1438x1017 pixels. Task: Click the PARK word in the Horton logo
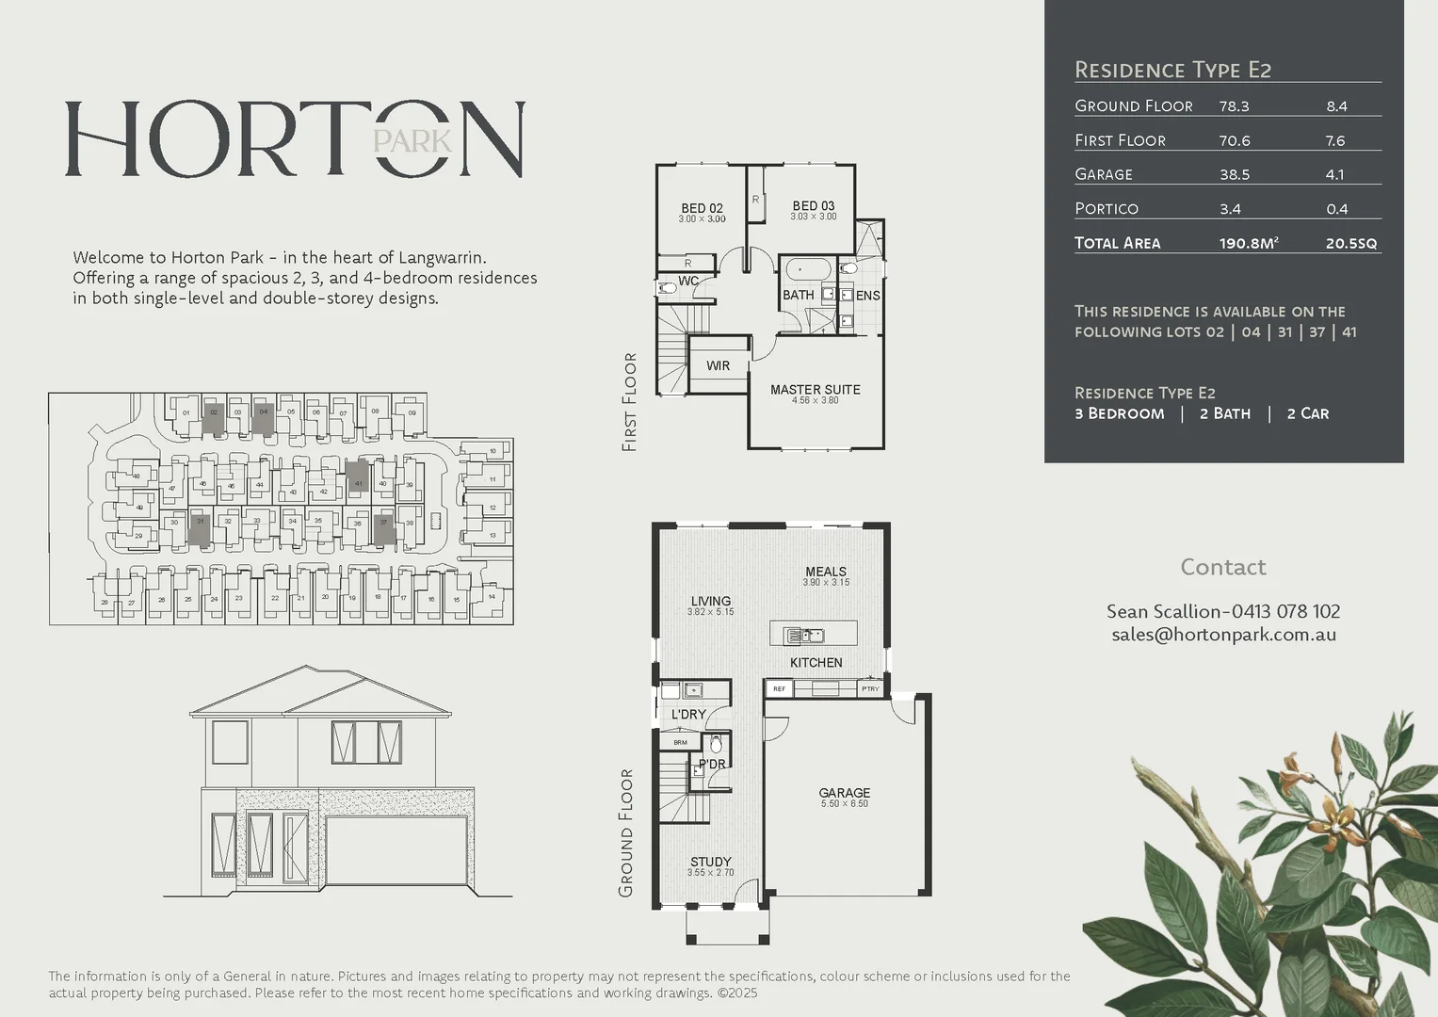[412, 141]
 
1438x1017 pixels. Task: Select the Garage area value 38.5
[1235, 174]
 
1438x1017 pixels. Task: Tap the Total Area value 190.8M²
[1248, 243]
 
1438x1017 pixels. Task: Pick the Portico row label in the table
[1107, 208]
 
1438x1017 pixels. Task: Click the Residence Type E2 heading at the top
[1172, 70]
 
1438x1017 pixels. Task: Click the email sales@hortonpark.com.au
[1223, 635]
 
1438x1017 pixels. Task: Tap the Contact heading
[1222, 567]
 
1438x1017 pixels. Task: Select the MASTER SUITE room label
[815, 390]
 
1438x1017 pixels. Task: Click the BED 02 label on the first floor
[702, 208]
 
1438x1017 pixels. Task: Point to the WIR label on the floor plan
[718, 365]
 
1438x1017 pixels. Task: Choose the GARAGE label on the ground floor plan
[844, 793]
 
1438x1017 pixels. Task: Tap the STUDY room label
[710, 862]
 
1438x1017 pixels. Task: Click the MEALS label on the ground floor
[825, 572]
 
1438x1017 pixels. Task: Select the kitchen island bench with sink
[814, 634]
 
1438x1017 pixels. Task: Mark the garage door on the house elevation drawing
[396, 850]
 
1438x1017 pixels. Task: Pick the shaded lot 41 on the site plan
[357, 476]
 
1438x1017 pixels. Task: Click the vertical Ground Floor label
[626, 832]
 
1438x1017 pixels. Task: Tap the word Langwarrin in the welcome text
[442, 257]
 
